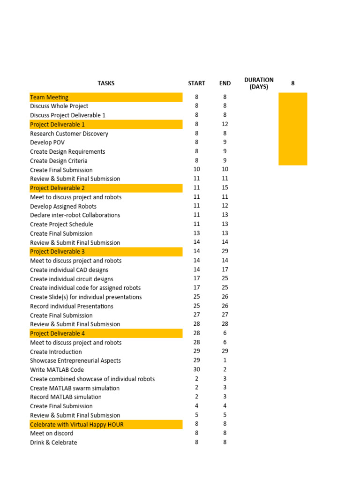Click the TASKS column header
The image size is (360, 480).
(x=106, y=83)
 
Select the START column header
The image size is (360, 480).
(x=196, y=83)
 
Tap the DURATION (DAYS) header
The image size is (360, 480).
(x=259, y=83)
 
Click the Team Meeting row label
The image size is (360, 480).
(x=49, y=97)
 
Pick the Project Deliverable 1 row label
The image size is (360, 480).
(x=58, y=125)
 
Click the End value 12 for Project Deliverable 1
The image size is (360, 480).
(x=225, y=124)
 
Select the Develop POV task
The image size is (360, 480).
(x=47, y=142)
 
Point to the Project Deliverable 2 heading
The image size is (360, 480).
(x=58, y=188)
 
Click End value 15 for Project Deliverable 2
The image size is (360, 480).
(x=225, y=188)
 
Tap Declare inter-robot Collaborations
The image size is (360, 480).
(x=75, y=215)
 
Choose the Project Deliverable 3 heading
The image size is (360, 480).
(x=58, y=252)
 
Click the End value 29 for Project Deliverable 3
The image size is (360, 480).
(x=225, y=252)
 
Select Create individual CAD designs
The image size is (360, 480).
(x=69, y=270)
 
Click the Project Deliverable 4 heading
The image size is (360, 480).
(x=58, y=334)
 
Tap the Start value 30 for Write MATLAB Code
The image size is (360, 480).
(x=196, y=370)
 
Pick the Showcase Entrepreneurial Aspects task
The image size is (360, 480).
(x=75, y=361)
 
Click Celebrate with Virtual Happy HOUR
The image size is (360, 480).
(x=77, y=425)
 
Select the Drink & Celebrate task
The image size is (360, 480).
(x=53, y=442)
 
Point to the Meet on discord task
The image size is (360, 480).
(x=52, y=434)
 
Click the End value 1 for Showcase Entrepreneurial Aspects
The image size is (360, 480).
(x=225, y=360)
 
